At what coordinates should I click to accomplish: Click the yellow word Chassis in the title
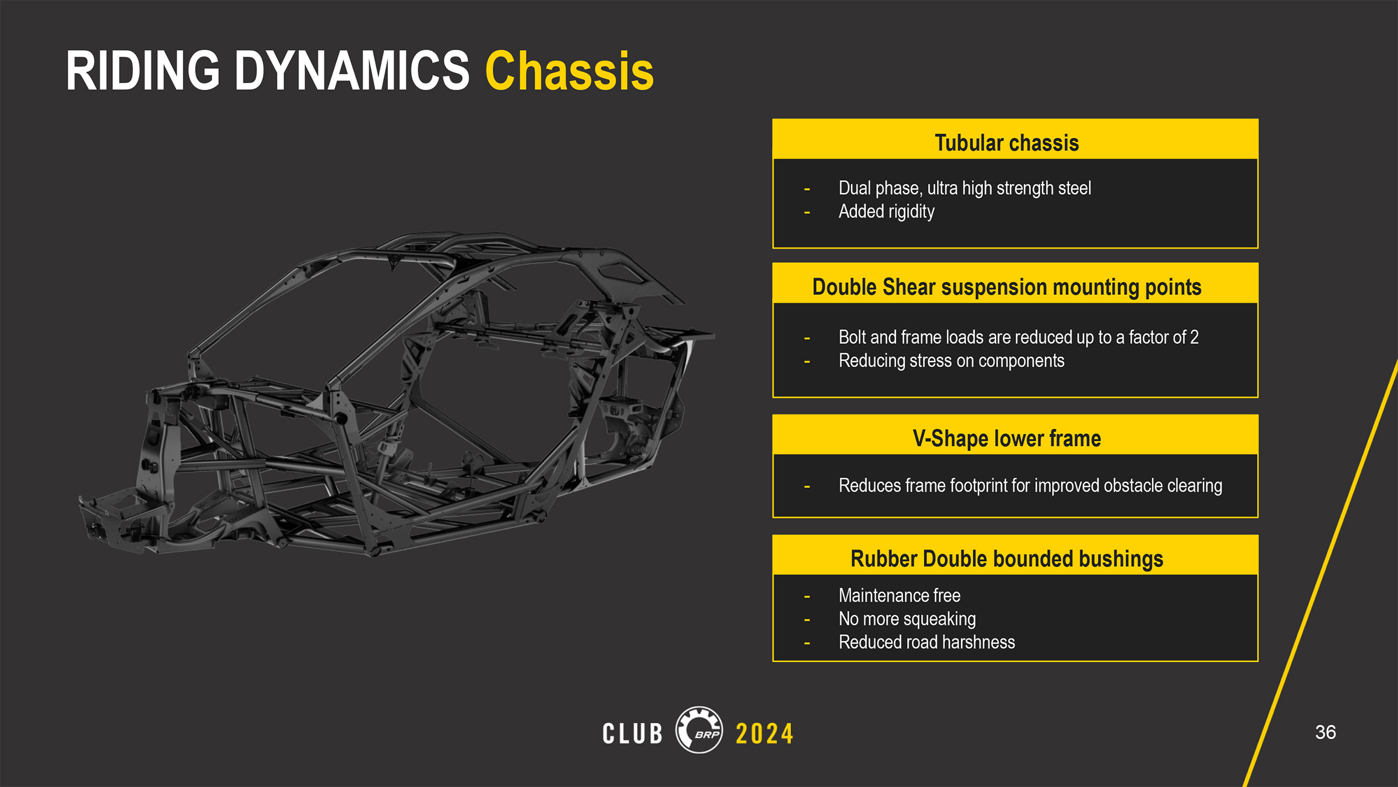tap(569, 71)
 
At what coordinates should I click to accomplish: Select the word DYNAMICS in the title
tap(352, 71)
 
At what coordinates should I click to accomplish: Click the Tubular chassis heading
tap(1007, 143)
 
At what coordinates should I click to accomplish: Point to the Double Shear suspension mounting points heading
tap(1007, 287)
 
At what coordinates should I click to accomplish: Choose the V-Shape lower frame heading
tap(1007, 438)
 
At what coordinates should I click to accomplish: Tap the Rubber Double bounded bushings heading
tap(1007, 558)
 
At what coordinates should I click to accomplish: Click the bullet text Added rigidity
tap(887, 212)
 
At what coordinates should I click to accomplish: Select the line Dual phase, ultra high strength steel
tap(965, 188)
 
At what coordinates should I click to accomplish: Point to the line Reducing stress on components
tap(951, 361)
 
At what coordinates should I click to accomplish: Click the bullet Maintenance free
tap(899, 595)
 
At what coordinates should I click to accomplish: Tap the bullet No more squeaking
tap(907, 619)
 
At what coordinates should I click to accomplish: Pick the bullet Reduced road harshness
tap(927, 642)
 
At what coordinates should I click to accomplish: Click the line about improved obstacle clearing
tap(1030, 486)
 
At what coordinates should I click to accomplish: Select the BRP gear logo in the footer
tap(699, 730)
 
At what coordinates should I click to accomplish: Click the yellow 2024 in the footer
tap(764, 733)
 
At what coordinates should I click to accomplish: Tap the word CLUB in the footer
tap(633, 733)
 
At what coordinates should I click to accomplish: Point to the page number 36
tap(1325, 732)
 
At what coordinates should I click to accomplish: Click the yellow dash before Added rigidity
tap(807, 213)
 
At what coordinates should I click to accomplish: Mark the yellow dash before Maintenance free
tap(807, 596)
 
